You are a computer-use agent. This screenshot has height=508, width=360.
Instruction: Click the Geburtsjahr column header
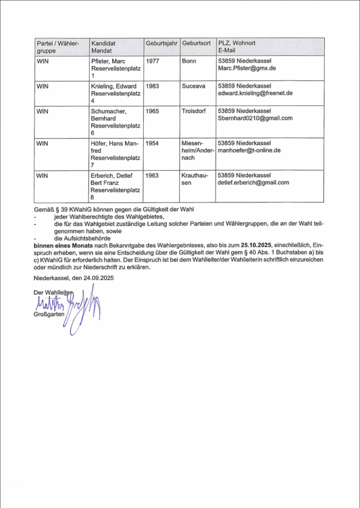coord(162,43)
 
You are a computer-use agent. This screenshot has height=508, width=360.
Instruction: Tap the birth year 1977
coord(152,61)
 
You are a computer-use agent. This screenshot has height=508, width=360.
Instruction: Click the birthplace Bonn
coord(189,61)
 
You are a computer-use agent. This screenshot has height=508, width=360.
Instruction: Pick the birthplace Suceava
coord(194,86)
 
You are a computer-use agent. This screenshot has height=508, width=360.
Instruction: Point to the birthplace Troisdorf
coord(195,111)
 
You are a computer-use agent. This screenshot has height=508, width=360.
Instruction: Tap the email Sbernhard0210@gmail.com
coord(255,118)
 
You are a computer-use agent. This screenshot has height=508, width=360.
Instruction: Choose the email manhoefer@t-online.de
coord(250,150)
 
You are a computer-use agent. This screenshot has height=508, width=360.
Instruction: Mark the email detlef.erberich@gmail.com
coord(253,182)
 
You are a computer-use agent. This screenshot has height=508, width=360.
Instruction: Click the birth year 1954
coord(152,143)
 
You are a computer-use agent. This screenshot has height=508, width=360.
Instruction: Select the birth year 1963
coord(152,175)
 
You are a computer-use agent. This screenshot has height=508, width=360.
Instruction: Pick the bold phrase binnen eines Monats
coord(64,245)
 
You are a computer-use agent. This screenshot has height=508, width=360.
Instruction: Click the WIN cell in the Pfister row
coord(43,61)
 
